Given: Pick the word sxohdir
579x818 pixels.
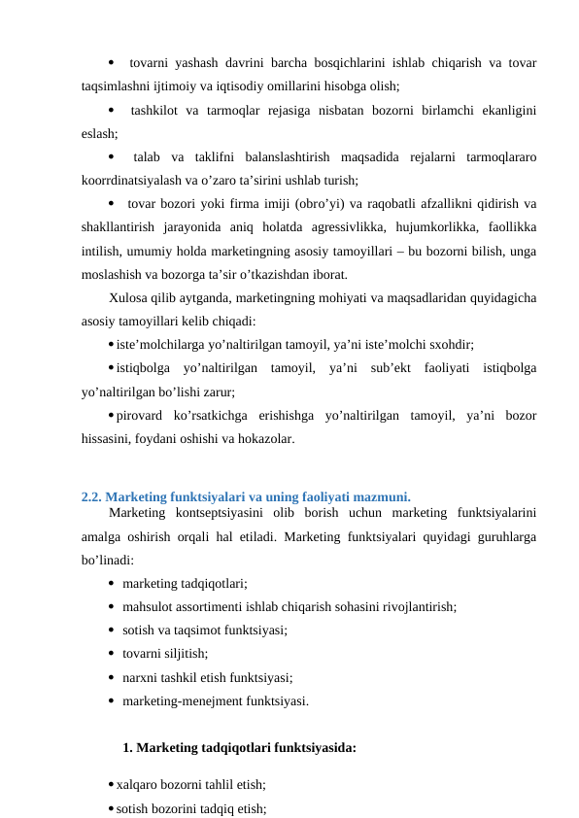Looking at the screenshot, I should pos(451,345).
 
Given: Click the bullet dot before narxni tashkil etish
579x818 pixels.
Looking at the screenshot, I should pos(113,678).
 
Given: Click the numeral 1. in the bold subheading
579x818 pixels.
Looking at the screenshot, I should pos(128,748).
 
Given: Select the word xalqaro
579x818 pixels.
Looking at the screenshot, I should pos(138,785).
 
